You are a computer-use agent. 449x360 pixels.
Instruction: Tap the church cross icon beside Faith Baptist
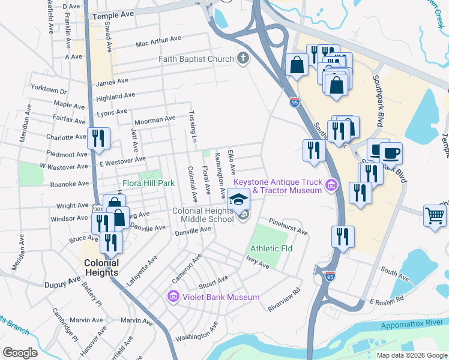point(243,58)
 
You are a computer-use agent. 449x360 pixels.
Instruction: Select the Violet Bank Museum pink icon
point(173,296)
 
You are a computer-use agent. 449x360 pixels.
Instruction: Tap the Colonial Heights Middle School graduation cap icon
point(239,199)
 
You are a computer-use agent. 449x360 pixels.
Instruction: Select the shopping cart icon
point(435,215)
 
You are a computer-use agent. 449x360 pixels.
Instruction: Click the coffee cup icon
point(391,153)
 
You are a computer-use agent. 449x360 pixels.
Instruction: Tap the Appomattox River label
point(412,323)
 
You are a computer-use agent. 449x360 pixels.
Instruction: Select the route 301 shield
point(98,208)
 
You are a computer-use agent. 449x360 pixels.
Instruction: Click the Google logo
point(20,352)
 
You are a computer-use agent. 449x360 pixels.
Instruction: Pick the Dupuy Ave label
point(62,280)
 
